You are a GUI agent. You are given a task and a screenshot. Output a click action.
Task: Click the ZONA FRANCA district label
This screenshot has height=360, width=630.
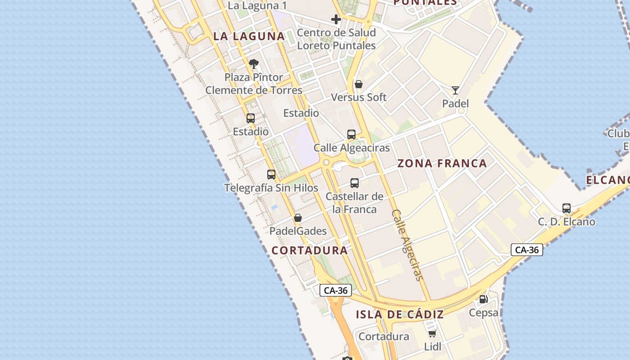[442, 163]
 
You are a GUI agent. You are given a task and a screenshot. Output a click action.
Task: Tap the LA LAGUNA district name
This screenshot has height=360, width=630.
[249, 36]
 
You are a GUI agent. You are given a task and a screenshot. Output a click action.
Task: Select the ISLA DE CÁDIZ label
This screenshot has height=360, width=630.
[400, 315]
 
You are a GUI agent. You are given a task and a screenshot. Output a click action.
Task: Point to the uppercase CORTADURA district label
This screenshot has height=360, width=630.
[310, 251]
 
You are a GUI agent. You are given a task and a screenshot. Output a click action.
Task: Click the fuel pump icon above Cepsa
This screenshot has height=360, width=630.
[483, 299]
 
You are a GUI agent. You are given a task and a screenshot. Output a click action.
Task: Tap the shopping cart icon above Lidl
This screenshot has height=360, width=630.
[432, 333]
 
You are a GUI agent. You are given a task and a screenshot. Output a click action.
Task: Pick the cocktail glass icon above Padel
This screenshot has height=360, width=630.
[455, 90]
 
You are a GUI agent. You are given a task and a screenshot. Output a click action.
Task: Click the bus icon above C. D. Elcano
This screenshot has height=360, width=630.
[567, 208]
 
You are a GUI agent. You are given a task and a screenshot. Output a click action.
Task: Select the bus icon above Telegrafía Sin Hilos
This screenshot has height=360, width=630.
[271, 175]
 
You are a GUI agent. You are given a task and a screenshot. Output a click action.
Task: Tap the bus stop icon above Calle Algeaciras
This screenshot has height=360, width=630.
[351, 134]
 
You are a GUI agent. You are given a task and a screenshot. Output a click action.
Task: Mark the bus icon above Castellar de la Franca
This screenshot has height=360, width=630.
[355, 183]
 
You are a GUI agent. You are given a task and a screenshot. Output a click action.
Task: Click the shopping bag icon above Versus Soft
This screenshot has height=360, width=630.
[359, 84]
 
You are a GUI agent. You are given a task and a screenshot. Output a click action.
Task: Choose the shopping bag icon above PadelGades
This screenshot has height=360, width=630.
[298, 218]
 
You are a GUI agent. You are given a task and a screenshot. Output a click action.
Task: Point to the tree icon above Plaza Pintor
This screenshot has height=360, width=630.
[254, 64]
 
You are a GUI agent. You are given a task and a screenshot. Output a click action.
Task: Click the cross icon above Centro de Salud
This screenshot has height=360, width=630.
[336, 19]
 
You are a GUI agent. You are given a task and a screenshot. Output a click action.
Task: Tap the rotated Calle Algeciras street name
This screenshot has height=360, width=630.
[408, 245]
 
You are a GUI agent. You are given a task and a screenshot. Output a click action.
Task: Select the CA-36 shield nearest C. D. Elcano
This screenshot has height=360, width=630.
[527, 250]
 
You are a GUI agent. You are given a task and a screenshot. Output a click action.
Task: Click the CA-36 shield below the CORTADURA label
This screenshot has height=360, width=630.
[336, 290]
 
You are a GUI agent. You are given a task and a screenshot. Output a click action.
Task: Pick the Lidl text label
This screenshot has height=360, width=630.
[432, 346]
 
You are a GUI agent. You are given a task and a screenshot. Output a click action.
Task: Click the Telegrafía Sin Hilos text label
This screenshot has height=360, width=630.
[271, 188]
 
